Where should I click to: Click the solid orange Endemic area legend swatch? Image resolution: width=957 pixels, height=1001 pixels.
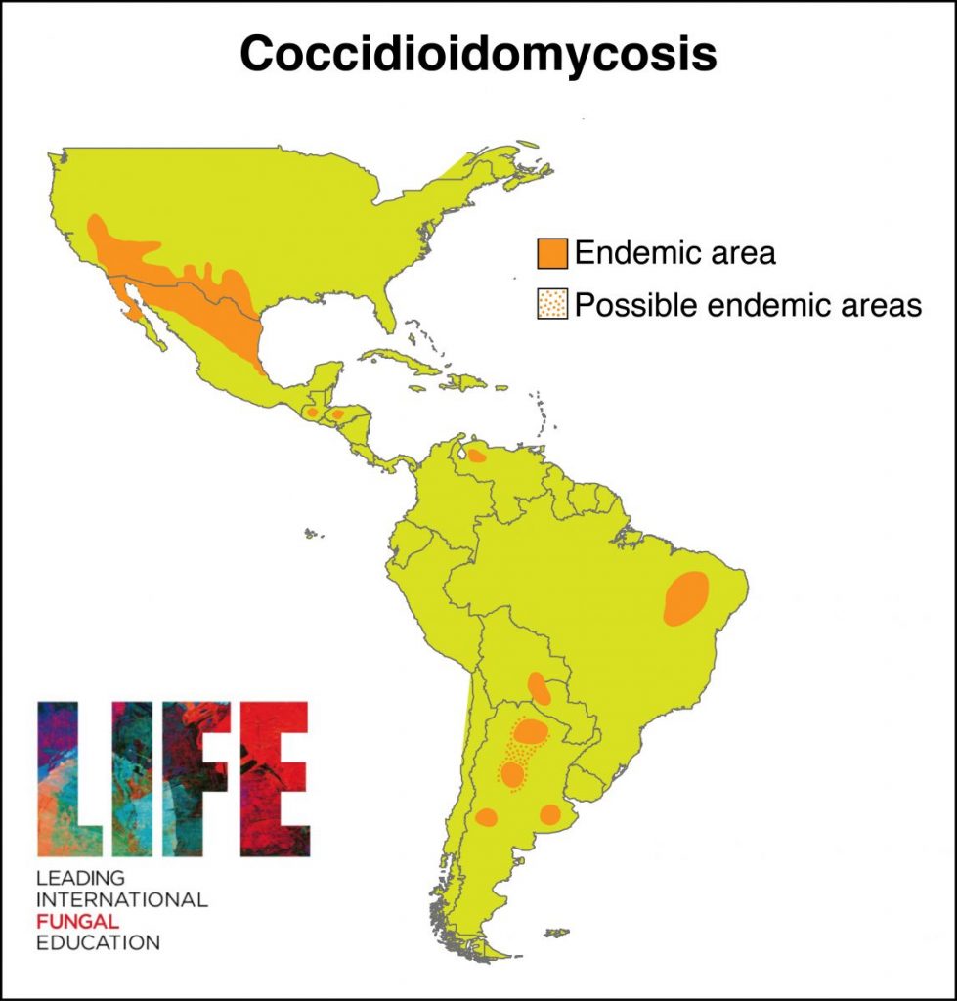tap(552, 253)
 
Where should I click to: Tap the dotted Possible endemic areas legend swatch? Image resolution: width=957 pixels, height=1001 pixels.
tap(552, 305)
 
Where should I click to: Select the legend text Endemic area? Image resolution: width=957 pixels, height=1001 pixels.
tap(674, 253)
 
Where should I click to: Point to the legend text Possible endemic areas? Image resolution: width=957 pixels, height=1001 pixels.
tap(748, 305)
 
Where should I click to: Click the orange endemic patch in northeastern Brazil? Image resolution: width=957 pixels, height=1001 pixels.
tap(686, 597)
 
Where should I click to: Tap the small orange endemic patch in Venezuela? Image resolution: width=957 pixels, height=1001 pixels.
tap(477, 456)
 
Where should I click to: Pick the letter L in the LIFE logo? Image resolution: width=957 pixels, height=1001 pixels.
tap(68, 777)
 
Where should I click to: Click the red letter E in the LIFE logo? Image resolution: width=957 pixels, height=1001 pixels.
tap(275, 777)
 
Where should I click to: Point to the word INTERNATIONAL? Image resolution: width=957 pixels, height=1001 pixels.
tap(122, 898)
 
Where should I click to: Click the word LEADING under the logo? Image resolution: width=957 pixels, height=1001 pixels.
tap(80, 876)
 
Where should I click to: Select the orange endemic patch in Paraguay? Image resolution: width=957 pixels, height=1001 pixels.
tap(539, 687)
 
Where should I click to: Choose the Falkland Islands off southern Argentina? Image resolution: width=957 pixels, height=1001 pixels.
tap(556, 933)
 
